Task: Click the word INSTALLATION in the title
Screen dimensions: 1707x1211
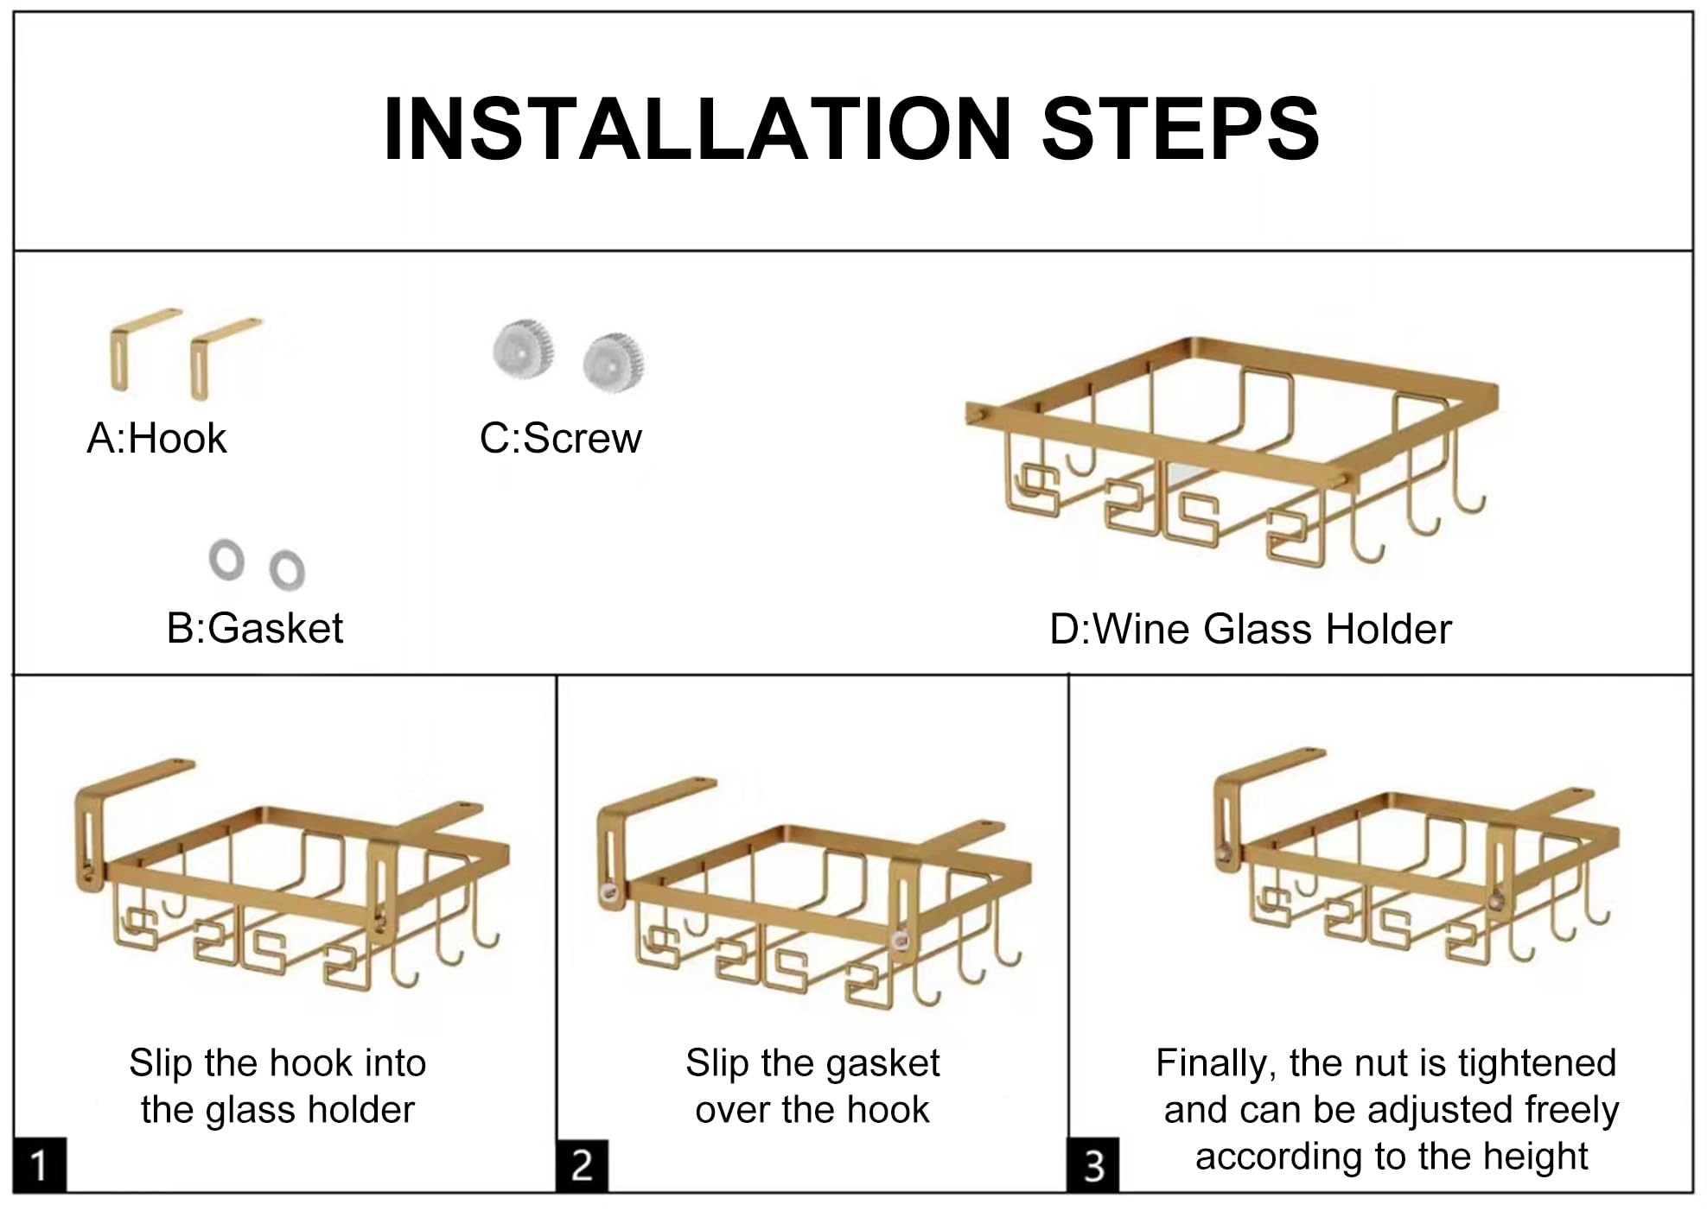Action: [x=697, y=129]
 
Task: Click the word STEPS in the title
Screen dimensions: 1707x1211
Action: [x=1182, y=129]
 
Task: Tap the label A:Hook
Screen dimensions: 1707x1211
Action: [x=156, y=439]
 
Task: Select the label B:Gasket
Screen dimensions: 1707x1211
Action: [x=255, y=629]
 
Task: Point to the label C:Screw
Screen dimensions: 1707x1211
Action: [x=561, y=439]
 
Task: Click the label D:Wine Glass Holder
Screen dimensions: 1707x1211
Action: [x=1250, y=630]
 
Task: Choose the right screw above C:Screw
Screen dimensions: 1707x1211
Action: [x=613, y=363]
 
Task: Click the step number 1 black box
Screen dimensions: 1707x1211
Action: [x=40, y=1165]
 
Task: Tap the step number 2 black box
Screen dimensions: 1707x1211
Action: [x=582, y=1165]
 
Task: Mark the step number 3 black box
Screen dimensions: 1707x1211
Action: [x=1093, y=1165]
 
